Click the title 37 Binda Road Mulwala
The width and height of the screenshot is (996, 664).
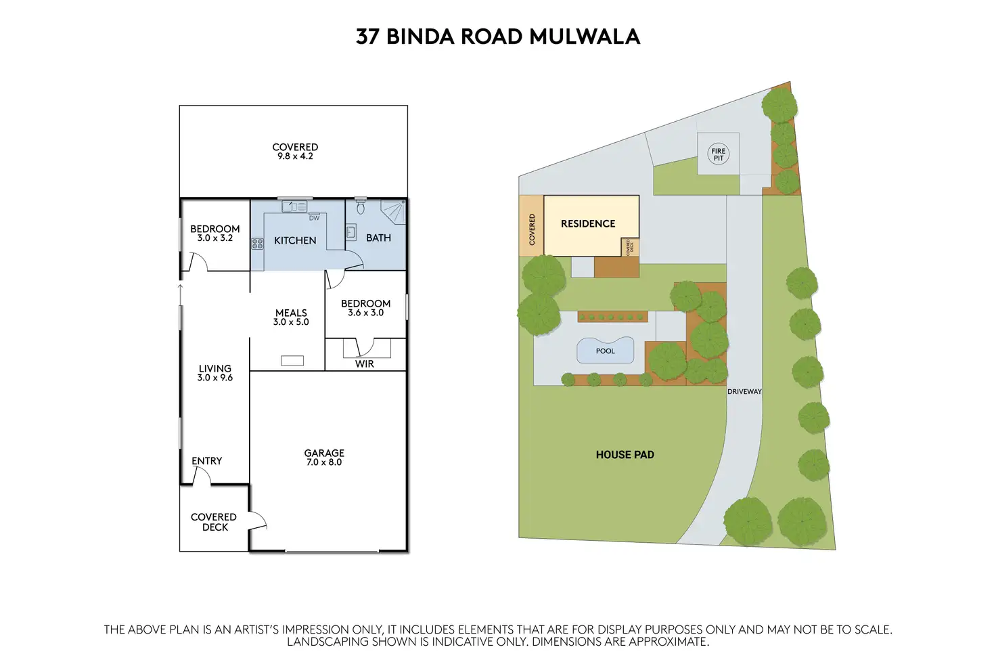click(x=497, y=36)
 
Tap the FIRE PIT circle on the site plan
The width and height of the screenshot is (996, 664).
click(x=718, y=155)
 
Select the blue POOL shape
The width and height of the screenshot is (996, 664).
click(x=606, y=350)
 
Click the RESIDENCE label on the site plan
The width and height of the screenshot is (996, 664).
click(x=588, y=223)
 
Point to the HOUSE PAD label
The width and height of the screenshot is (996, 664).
click(x=625, y=455)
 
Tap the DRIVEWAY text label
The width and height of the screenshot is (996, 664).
click(x=744, y=392)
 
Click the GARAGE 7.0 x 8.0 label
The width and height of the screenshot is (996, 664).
click(x=324, y=458)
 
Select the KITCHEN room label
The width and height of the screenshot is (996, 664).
click(x=295, y=240)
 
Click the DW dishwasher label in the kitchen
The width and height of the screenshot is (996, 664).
click(x=314, y=218)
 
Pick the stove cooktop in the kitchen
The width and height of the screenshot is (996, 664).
click(x=257, y=244)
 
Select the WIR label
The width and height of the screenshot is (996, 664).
click(x=365, y=363)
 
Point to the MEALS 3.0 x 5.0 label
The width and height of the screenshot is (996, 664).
click(x=291, y=317)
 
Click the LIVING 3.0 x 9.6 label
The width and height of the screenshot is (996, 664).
click(x=215, y=373)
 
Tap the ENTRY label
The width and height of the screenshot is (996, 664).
click(x=207, y=461)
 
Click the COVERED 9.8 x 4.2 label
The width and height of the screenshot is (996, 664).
click(x=295, y=151)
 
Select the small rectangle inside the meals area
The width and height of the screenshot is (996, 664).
click(x=292, y=361)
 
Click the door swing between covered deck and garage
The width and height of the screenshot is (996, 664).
click(x=258, y=520)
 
